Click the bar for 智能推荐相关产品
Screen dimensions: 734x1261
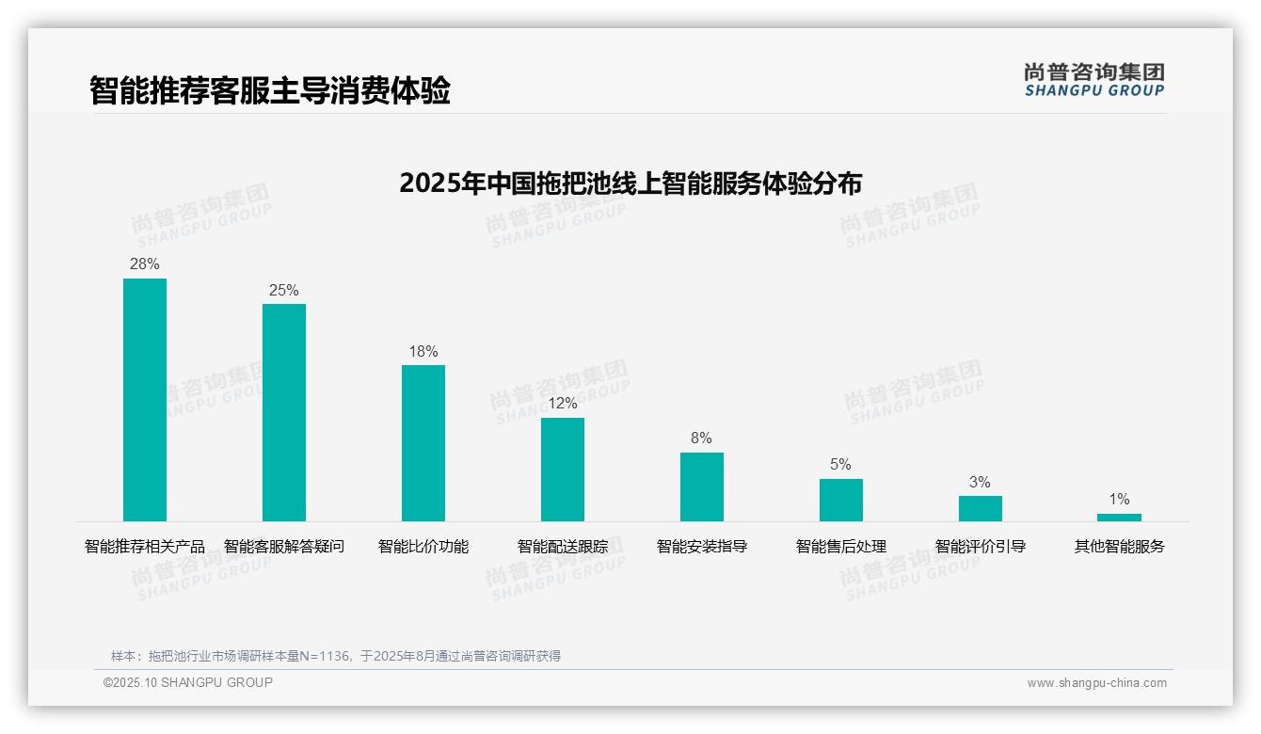pyautogui.click(x=145, y=399)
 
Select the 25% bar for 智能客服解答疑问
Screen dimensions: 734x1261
pyautogui.click(x=284, y=412)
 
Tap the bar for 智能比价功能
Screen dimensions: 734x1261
pyautogui.click(x=423, y=442)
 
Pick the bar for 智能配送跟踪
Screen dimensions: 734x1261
pyautogui.click(x=563, y=469)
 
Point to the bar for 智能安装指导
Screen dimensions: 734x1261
pyautogui.click(x=702, y=487)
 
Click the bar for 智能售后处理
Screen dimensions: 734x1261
pyautogui.click(x=841, y=500)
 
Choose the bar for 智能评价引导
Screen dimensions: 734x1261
pyautogui.click(x=981, y=508)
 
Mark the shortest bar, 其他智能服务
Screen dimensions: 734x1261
pyautogui.click(x=1119, y=518)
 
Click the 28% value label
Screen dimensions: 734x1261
pyautogui.click(x=145, y=264)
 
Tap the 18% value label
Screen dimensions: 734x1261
pyautogui.click(x=423, y=352)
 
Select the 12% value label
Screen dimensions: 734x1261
pyautogui.click(x=563, y=404)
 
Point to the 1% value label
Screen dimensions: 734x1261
pyautogui.click(x=1119, y=500)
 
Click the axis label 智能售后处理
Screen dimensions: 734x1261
pyautogui.click(x=841, y=547)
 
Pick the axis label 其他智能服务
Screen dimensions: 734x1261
pyautogui.click(x=1119, y=547)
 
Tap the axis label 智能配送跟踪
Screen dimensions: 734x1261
pyautogui.click(x=563, y=547)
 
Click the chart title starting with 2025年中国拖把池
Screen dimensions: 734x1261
pyautogui.click(x=630, y=183)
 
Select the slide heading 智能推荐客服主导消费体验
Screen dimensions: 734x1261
pyautogui.click(x=270, y=90)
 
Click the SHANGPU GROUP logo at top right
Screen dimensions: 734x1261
pyautogui.click(x=1094, y=80)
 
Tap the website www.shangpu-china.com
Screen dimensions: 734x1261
pyautogui.click(x=1096, y=683)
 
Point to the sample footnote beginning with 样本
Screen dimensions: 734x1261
pyautogui.click(x=336, y=656)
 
